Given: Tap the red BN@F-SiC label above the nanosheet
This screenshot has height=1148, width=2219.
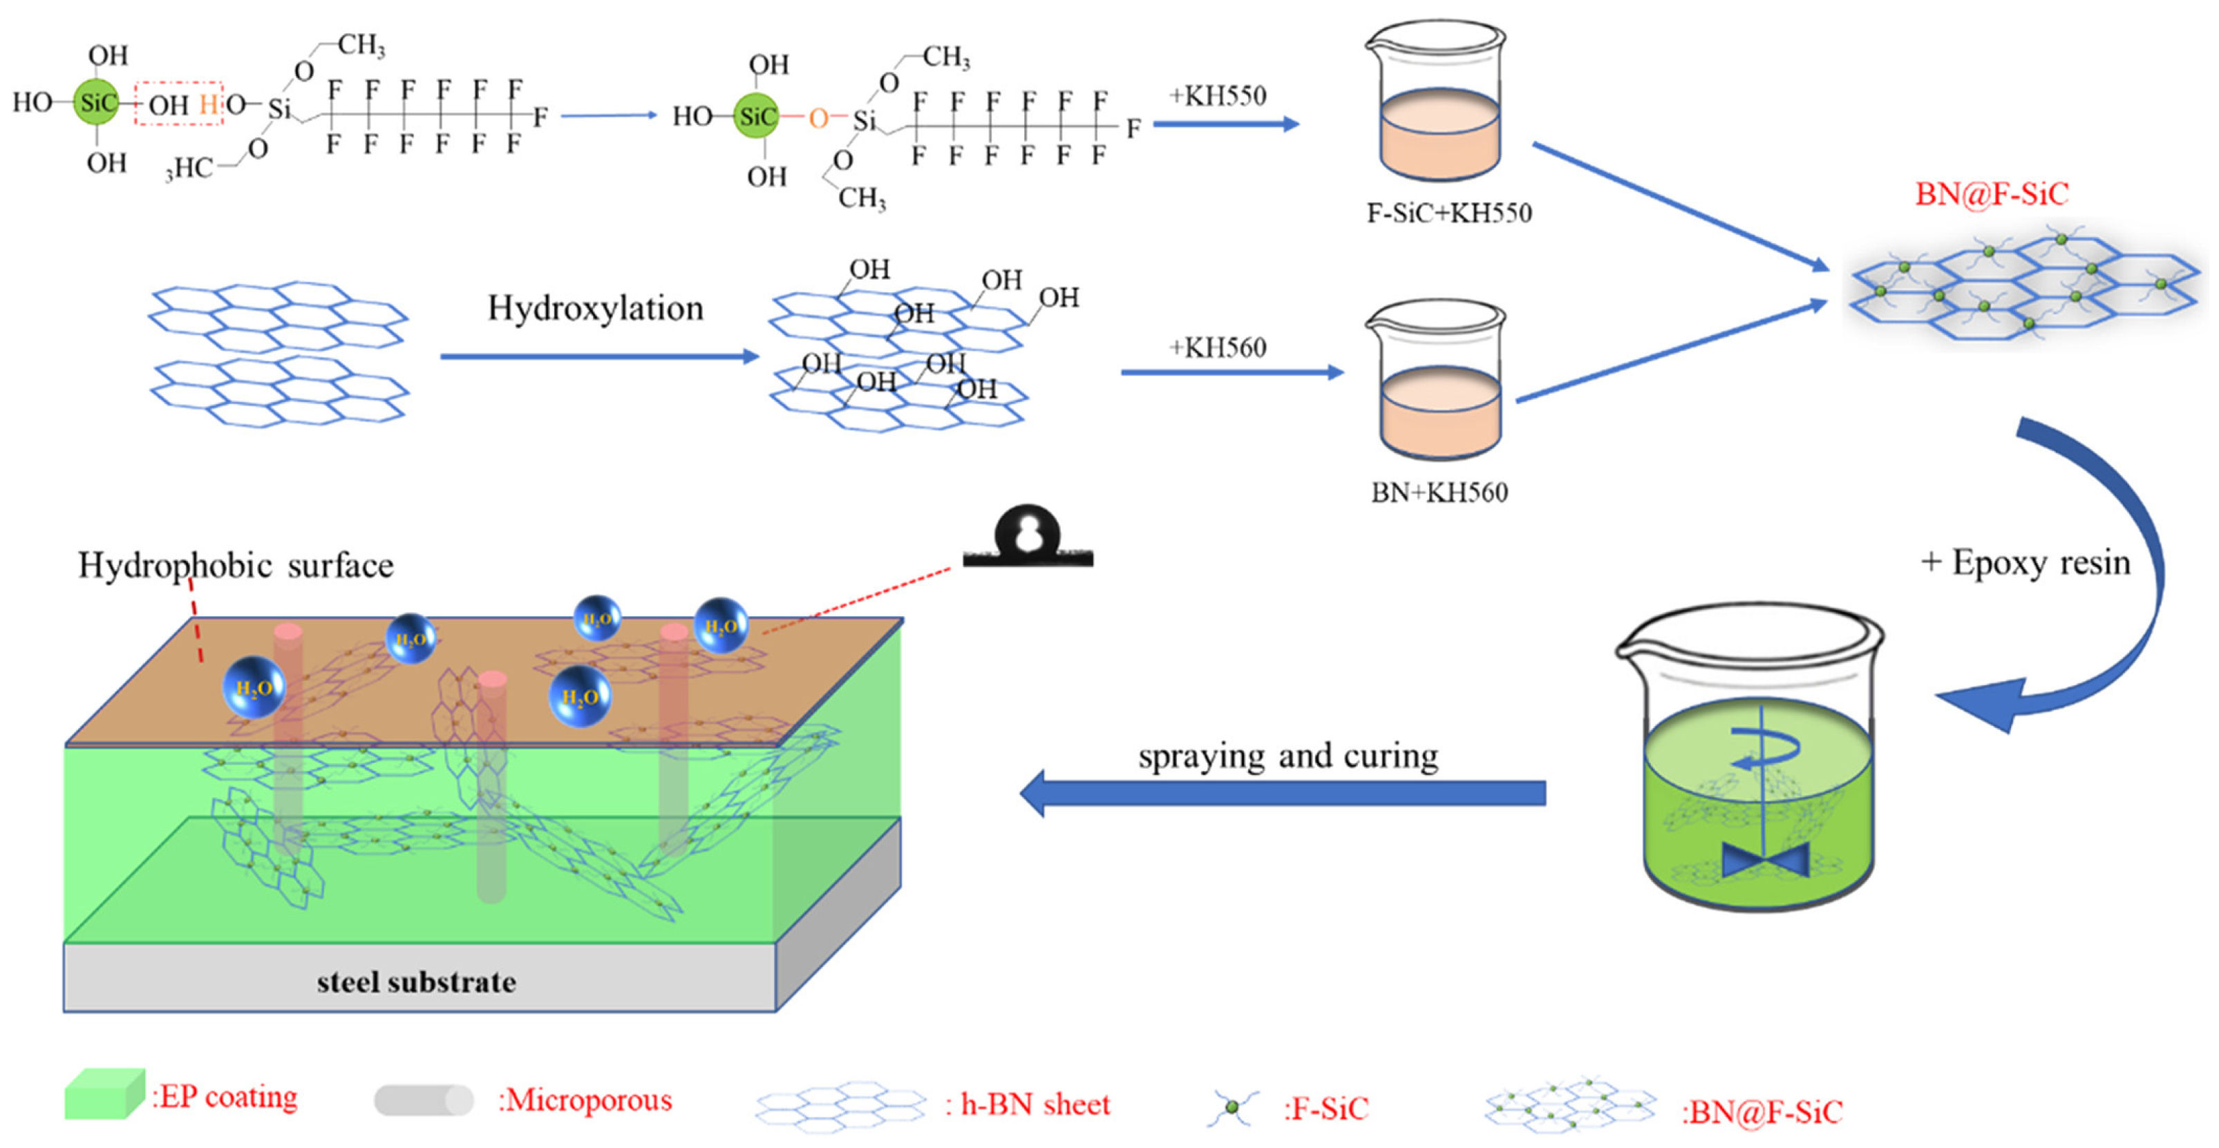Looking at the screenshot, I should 1991,194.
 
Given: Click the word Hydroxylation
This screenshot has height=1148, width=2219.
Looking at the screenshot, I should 595,308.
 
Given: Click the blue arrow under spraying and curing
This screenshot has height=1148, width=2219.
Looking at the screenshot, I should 1283,792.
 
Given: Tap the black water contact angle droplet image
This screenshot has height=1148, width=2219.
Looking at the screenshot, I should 1027,538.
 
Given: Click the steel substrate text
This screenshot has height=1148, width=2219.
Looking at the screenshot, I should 416,982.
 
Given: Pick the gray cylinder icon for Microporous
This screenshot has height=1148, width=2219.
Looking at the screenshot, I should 423,1100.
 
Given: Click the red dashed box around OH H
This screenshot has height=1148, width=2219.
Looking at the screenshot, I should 178,104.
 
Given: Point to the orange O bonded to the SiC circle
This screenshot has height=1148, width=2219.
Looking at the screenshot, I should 818,118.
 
